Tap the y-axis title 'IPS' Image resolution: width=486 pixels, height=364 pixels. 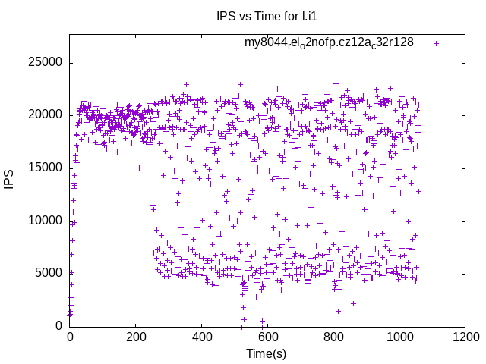[10, 180]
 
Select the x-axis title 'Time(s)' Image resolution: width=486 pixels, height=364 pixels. [267, 353]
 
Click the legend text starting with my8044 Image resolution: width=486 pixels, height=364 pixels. [329, 42]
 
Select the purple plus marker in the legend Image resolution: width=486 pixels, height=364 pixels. [436, 43]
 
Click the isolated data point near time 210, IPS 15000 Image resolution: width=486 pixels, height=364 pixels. [139, 168]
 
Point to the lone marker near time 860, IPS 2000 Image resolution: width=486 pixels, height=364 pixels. [353, 304]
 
